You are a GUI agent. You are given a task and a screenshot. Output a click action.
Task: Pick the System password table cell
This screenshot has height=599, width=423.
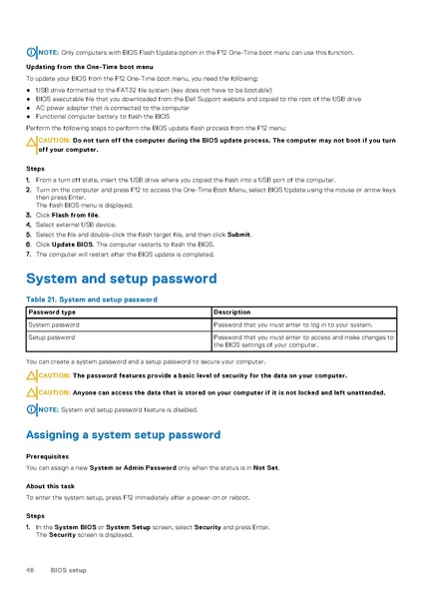pos(54,324)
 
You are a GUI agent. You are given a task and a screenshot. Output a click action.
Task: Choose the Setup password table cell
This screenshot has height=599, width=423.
pos(51,338)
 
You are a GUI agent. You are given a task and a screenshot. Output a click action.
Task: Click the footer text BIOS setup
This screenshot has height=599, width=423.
pos(69,570)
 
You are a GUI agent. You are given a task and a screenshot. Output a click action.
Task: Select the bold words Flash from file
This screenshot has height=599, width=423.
pos(74,215)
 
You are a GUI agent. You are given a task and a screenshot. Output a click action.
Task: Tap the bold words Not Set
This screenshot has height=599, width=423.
pos(265,466)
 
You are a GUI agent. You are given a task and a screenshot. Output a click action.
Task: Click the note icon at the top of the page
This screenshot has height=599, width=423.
pos(31,51)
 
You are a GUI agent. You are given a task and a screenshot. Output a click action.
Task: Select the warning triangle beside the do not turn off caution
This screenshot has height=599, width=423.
pos(31,141)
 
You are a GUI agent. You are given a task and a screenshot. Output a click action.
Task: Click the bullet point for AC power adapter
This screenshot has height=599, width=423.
pos(28,108)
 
